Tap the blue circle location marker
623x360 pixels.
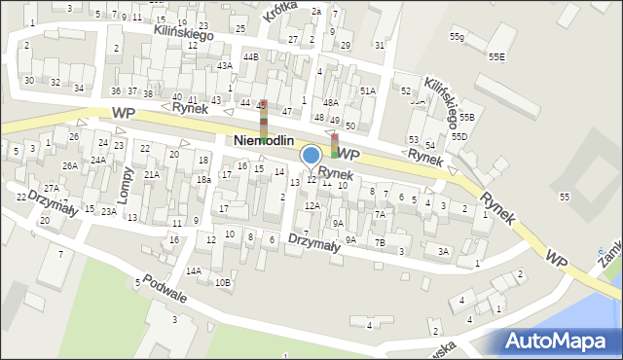311,155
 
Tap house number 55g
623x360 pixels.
457,37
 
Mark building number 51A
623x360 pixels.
367,90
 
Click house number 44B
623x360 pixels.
250,57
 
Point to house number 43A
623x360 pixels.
225,66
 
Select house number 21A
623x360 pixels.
151,175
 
